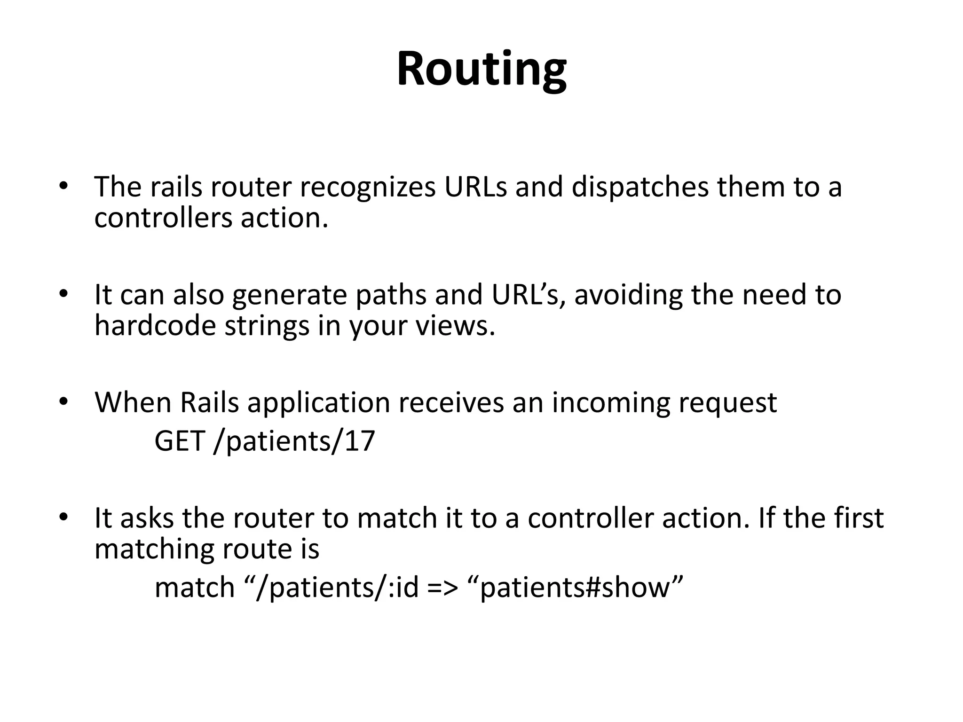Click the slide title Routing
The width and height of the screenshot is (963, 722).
[x=481, y=70]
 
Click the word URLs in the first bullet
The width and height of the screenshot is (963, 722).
[x=475, y=187]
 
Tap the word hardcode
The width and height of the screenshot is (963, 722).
[x=155, y=325]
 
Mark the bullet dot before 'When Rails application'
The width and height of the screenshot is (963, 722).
[x=64, y=402]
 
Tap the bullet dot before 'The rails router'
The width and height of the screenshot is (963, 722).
[x=64, y=186]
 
